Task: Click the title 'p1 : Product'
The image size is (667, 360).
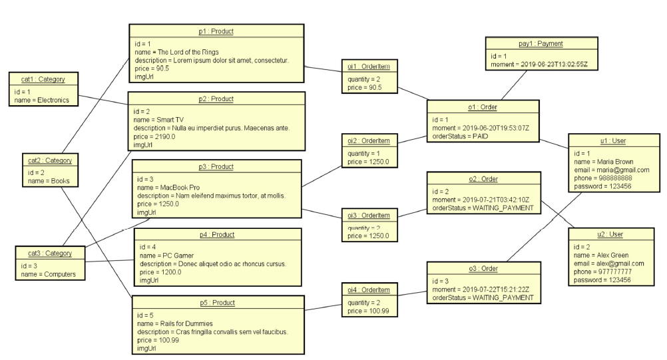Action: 216,31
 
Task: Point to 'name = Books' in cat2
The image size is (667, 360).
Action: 45,180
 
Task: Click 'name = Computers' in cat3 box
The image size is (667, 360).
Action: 47,273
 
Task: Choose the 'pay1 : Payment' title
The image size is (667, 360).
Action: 541,44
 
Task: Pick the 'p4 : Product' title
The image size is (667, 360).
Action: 218,235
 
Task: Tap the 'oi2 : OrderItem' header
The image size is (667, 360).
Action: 369,140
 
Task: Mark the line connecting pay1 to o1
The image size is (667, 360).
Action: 511,85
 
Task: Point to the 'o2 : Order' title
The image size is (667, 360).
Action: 483,180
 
